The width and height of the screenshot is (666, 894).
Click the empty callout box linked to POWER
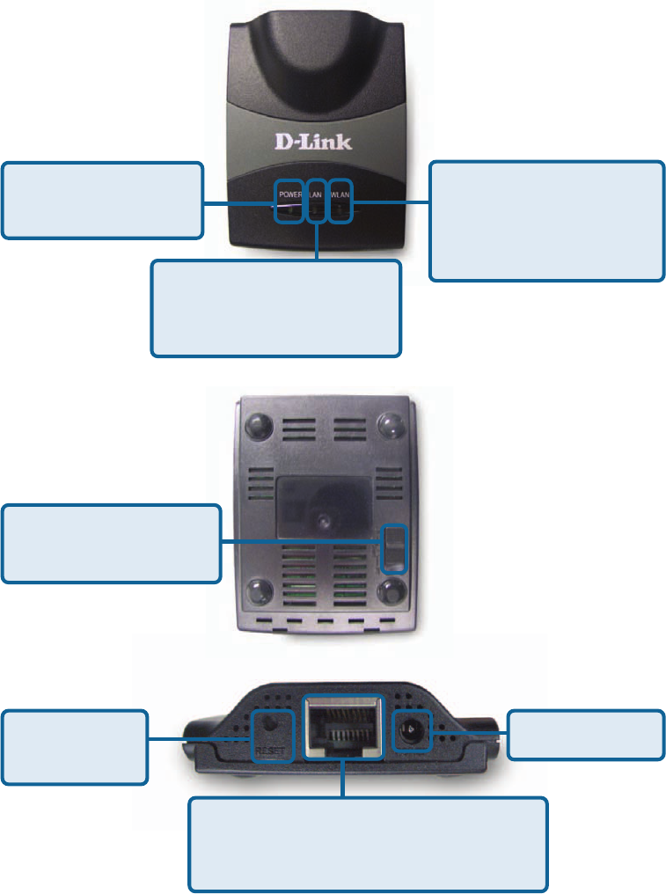pyautogui.click(x=102, y=200)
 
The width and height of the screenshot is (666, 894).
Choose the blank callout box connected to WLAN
pyautogui.click(x=546, y=221)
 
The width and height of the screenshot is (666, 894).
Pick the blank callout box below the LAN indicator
pyautogui.click(x=275, y=307)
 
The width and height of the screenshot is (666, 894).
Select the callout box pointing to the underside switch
pyautogui.click(x=111, y=543)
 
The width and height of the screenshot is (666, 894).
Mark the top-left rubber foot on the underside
pyautogui.click(x=258, y=426)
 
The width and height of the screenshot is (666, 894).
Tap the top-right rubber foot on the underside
pyautogui.click(x=391, y=426)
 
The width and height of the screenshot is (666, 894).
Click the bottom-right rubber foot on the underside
pyautogui.click(x=391, y=589)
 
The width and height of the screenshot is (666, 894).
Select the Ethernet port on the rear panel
pyautogui.click(x=343, y=725)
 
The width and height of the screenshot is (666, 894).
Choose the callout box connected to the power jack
pyautogui.click(x=587, y=735)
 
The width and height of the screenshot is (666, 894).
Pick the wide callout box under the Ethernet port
pyautogui.click(x=369, y=844)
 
